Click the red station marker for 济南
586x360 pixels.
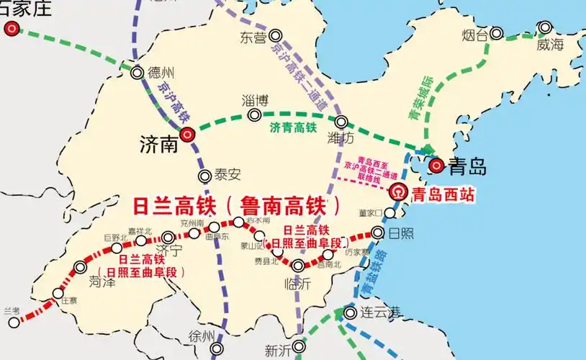pos(187,133)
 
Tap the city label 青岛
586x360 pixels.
pos(467,167)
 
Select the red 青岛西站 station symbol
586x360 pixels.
pos(397,192)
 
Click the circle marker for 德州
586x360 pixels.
pos(137,72)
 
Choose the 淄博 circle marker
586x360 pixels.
pos(254,114)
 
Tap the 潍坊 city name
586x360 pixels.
pos(340,137)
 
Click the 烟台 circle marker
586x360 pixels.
pos(497,33)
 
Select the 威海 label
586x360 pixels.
pos(551,45)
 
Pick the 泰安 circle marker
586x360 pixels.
pos(204,175)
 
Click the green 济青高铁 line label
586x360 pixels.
pos(293,128)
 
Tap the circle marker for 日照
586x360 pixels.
pos(378,232)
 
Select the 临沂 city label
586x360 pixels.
pos(298,285)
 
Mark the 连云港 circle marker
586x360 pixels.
pos(350,312)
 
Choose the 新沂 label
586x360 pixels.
pos(278,351)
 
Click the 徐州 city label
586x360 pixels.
pos(202,337)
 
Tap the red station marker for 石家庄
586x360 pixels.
pos(12,29)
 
